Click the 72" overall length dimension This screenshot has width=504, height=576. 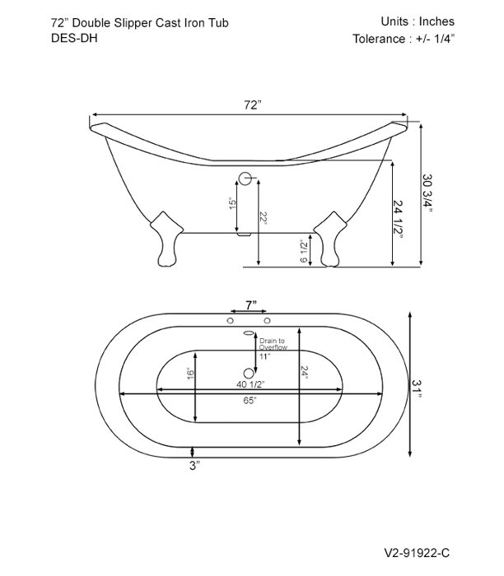pos(252,105)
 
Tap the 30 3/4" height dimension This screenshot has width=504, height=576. pos(427,195)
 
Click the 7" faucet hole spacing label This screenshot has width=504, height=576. pos(249,305)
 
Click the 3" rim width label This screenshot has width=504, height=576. pos(194,466)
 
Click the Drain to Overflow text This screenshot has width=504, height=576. pos(273,344)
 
